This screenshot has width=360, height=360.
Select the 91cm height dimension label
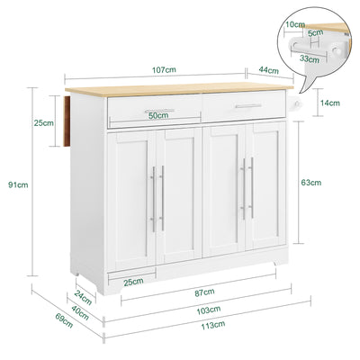(x=16, y=185)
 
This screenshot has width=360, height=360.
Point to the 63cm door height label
(x=311, y=183)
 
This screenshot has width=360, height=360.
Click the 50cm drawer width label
(x=160, y=115)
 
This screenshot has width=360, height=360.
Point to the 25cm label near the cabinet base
(x=133, y=282)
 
